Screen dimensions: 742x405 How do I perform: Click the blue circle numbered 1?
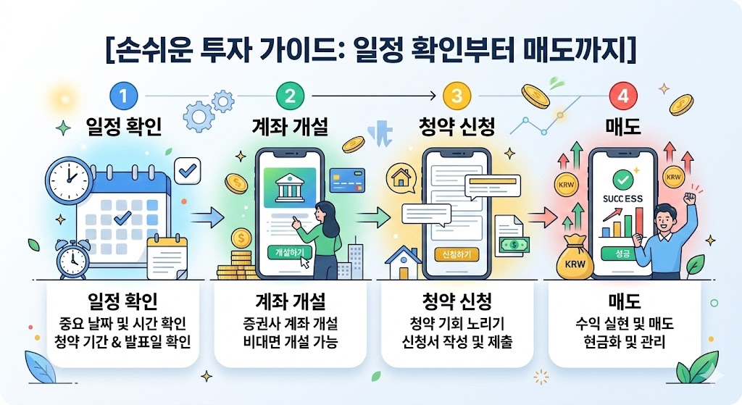click(x=124, y=96)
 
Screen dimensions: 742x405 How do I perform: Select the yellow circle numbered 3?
click(x=457, y=96)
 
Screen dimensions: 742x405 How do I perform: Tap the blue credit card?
click(x=346, y=180)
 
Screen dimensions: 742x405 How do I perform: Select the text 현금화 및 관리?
click(x=623, y=342)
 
